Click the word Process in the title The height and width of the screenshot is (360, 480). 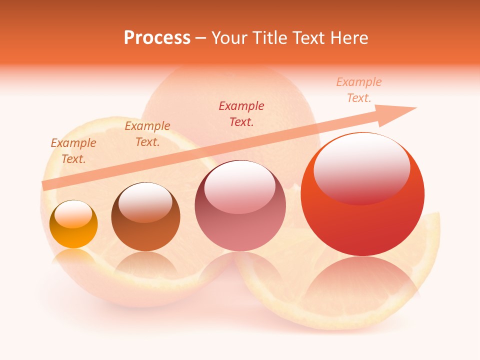click(157, 38)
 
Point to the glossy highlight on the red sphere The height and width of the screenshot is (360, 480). click(361, 167)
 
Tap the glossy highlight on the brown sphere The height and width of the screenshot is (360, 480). click(145, 202)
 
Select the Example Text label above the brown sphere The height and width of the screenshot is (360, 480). click(147, 134)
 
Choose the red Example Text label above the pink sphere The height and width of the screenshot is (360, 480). click(241, 113)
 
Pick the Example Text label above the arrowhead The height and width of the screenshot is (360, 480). click(359, 90)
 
